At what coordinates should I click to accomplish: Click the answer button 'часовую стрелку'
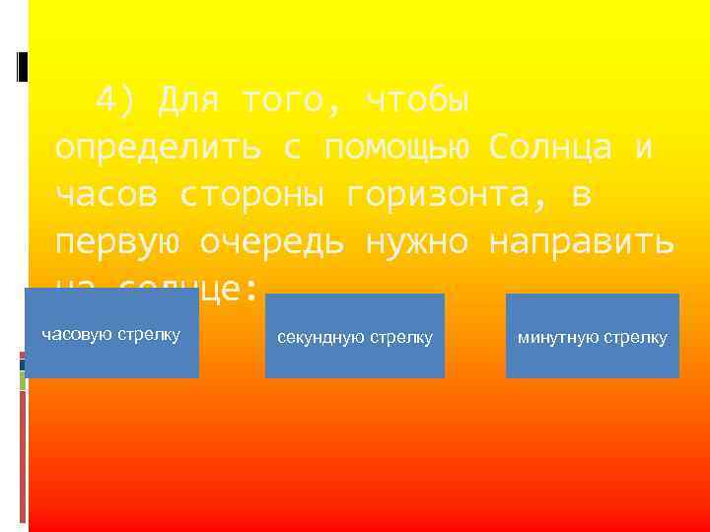(x=111, y=335)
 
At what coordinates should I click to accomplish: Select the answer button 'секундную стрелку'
(x=355, y=336)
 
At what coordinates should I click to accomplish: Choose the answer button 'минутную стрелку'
(x=593, y=337)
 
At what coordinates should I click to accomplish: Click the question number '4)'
(x=116, y=100)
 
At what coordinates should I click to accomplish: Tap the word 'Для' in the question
(x=189, y=100)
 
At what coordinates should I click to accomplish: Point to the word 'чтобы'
(x=417, y=100)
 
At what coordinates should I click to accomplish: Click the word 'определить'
(x=158, y=148)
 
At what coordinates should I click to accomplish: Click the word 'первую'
(x=116, y=242)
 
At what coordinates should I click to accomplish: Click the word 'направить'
(x=583, y=242)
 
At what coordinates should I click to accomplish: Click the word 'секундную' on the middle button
(x=320, y=337)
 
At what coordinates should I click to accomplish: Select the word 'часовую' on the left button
(x=77, y=335)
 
